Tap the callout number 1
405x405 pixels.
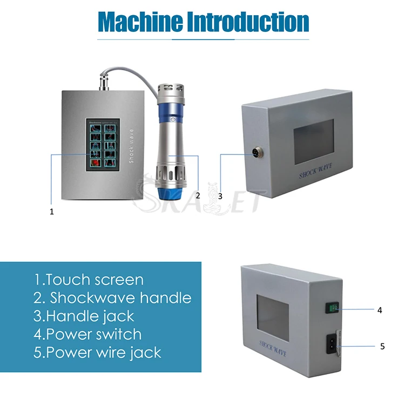click(52, 212)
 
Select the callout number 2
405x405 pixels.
click(198, 195)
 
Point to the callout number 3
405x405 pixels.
click(220, 196)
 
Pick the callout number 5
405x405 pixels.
click(382, 346)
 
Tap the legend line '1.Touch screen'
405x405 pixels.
click(89, 280)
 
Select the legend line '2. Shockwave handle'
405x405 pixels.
click(112, 298)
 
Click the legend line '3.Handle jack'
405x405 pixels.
click(84, 316)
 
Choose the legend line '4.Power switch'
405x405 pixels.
click(87, 334)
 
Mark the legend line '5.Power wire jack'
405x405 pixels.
click(98, 353)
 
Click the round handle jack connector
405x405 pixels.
click(254, 156)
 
